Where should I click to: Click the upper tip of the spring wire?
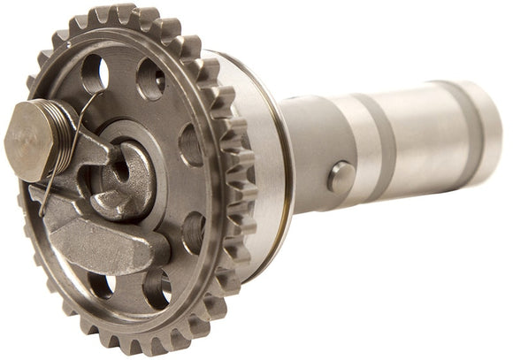pyautogui.click(x=96, y=95)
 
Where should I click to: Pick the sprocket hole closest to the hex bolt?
pyautogui.click(x=95, y=75)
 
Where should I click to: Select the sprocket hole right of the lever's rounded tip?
pyautogui.click(x=194, y=232)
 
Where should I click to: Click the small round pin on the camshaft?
pyautogui.click(x=341, y=176)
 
